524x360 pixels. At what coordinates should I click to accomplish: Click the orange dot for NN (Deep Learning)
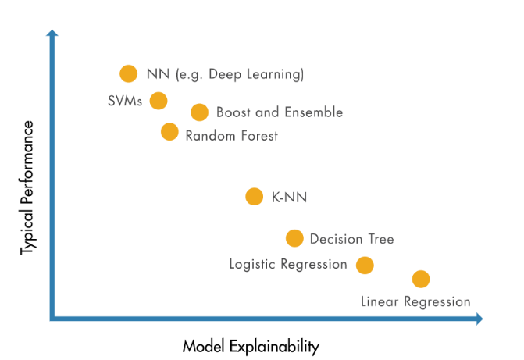(129, 73)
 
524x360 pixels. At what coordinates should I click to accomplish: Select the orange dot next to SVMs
(159, 101)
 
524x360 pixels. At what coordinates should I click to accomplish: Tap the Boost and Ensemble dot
(199, 112)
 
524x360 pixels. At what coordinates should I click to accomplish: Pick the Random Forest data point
(169, 132)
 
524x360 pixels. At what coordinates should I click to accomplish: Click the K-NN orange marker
(255, 197)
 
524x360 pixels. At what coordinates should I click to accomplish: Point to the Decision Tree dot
(294, 238)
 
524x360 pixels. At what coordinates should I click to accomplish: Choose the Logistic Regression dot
(365, 266)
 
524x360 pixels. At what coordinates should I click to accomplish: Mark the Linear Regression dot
(421, 279)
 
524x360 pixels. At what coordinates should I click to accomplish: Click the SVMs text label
(125, 101)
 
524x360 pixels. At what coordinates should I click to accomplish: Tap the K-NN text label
(290, 198)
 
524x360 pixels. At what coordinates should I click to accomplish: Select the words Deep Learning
(256, 74)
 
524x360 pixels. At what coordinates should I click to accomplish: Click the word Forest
(260, 136)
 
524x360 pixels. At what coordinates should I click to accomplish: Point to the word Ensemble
(314, 112)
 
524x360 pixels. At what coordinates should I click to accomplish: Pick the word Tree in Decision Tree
(381, 239)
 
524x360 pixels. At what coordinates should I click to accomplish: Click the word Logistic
(252, 265)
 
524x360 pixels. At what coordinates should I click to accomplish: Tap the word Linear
(380, 302)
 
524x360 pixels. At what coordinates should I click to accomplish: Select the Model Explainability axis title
(251, 347)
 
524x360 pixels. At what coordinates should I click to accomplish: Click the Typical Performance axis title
(27, 187)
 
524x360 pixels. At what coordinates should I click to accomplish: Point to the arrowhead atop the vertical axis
(52, 33)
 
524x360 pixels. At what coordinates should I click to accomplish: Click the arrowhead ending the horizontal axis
(479, 319)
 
